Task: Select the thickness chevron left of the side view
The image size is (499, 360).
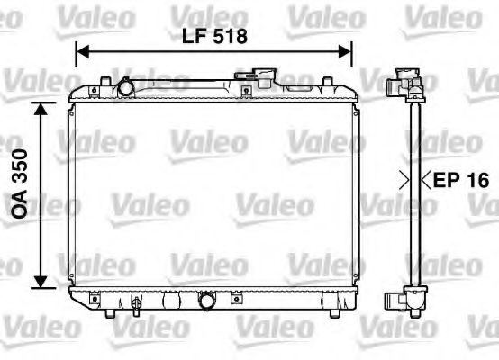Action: coord(404,180)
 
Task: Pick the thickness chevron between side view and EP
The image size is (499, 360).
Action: coord(426,180)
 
